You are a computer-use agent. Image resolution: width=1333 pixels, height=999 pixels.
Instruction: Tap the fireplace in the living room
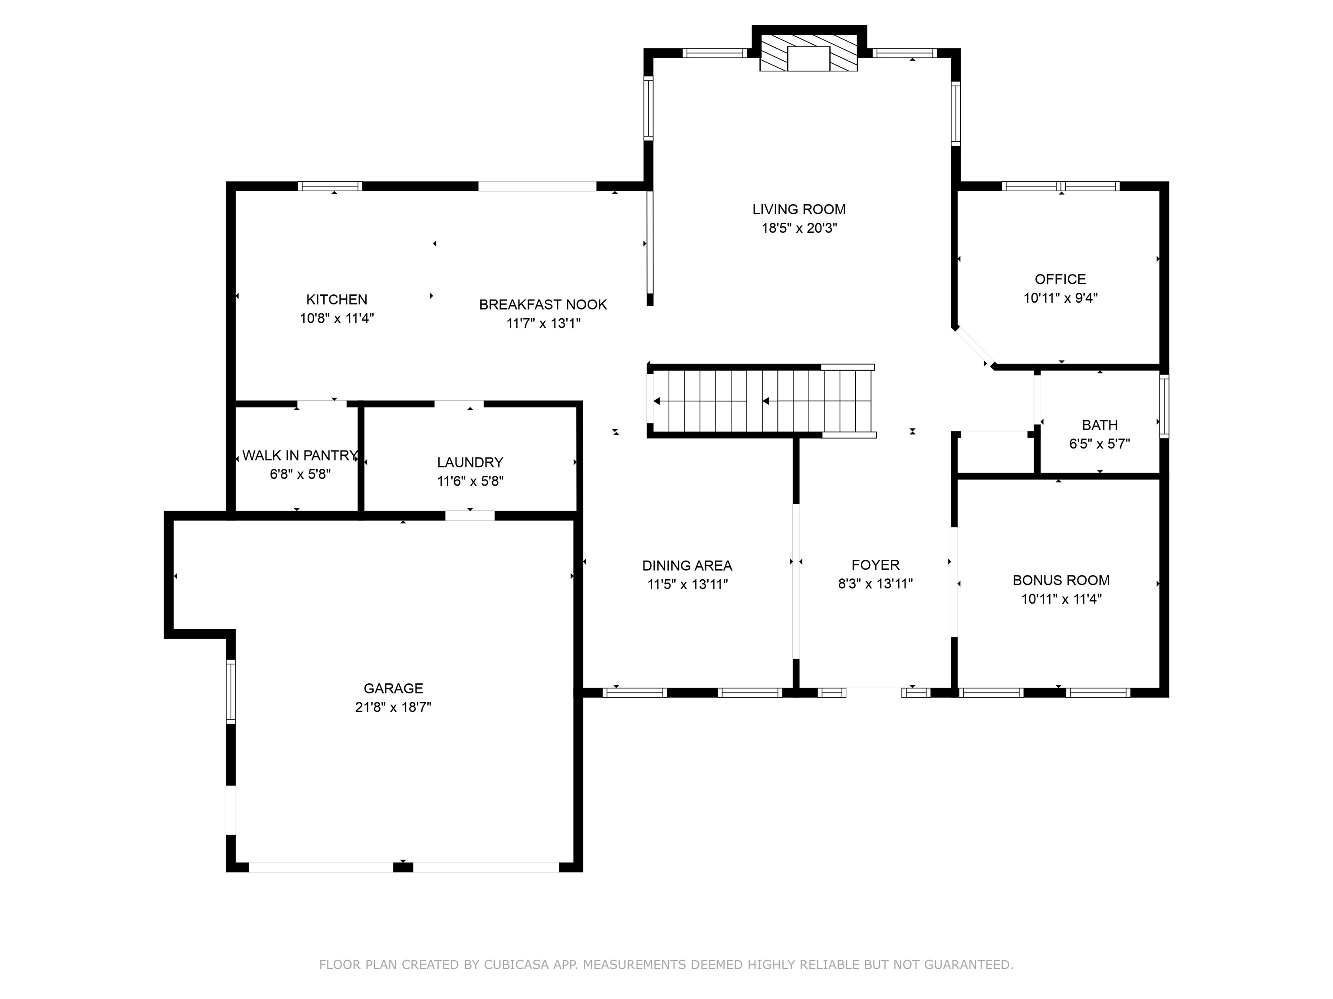click(809, 53)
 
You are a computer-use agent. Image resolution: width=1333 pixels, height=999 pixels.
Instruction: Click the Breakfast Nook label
click(543, 305)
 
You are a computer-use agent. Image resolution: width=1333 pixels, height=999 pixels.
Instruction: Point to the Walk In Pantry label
click(299, 455)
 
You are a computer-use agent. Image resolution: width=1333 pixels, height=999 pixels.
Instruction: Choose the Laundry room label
click(470, 463)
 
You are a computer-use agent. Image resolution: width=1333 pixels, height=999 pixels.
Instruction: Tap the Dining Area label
click(687, 565)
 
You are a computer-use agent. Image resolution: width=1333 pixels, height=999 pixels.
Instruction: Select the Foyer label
click(875, 565)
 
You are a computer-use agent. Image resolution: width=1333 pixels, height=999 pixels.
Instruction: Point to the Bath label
click(1100, 425)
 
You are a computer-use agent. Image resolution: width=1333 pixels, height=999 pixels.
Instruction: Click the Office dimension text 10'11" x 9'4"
click(1060, 298)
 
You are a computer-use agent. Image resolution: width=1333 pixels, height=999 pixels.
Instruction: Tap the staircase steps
click(762, 401)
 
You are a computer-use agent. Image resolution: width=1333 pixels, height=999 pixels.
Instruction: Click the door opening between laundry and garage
click(470, 516)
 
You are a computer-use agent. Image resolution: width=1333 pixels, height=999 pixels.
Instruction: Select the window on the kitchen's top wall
click(330, 186)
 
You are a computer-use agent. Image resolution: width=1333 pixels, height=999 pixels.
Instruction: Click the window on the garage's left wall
click(231, 691)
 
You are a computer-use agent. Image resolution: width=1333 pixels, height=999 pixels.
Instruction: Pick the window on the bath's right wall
click(1164, 406)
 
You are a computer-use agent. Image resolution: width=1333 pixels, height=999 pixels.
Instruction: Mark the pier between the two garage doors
click(403, 867)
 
